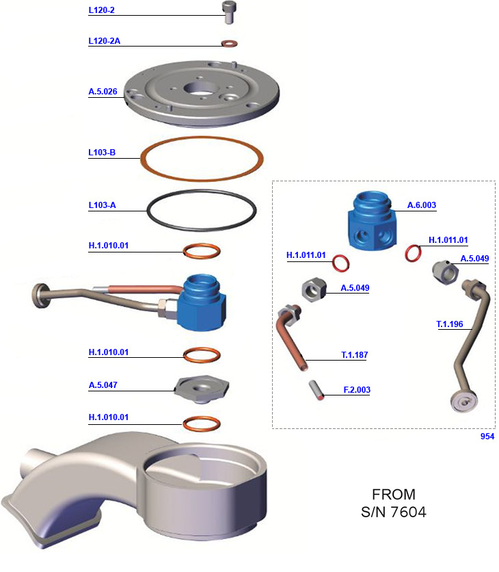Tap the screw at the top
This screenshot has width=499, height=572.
pyautogui.click(x=228, y=11)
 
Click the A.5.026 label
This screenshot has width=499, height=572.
pyautogui.click(x=103, y=91)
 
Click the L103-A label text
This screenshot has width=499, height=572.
pyautogui.click(x=102, y=205)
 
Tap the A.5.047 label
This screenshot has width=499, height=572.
pyautogui.click(x=103, y=385)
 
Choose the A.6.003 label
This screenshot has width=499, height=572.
pyautogui.click(x=421, y=205)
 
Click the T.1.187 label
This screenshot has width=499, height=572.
pyautogui.click(x=355, y=355)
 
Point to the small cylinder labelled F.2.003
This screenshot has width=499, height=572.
pyautogui.click(x=316, y=390)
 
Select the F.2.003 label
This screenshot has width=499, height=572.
pyautogui.click(x=356, y=390)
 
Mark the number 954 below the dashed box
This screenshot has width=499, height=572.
pyautogui.click(x=487, y=436)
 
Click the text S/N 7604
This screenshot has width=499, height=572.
pyautogui.click(x=393, y=511)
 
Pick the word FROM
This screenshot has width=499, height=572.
pyautogui.click(x=393, y=493)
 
